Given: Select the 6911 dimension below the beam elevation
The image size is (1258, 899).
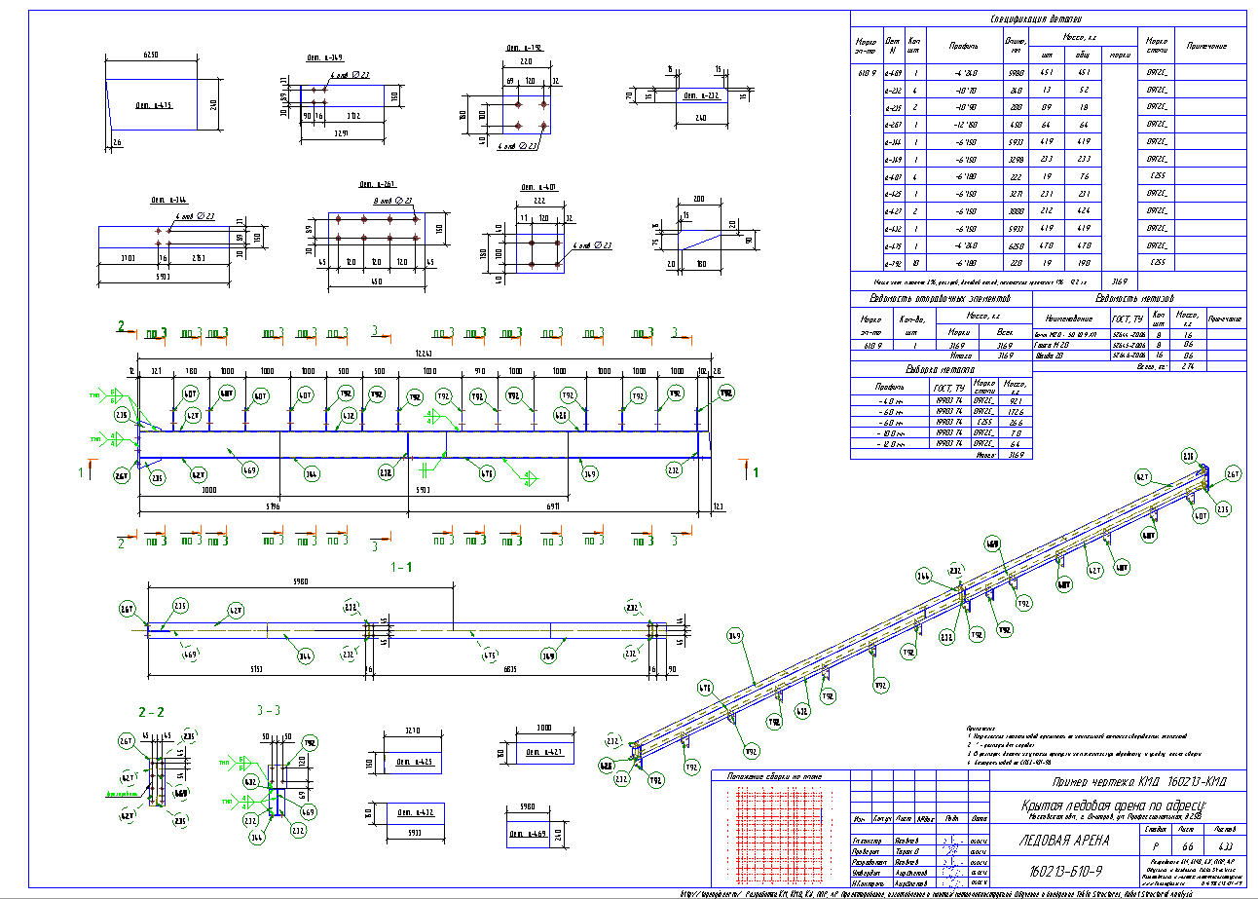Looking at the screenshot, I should click(551, 506).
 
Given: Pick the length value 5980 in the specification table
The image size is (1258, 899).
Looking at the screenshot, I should click(1016, 72).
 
